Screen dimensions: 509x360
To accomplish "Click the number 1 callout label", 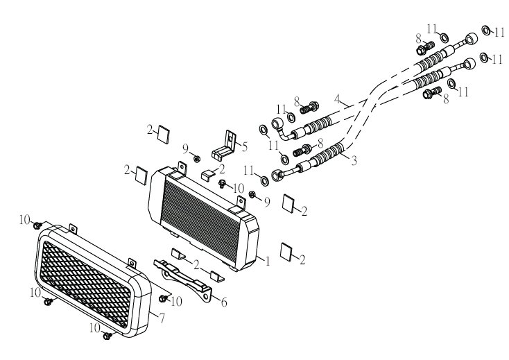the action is pos(268,261).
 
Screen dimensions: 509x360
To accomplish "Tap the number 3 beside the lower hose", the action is pos(354,160).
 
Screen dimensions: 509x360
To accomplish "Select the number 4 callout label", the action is pos(338,98).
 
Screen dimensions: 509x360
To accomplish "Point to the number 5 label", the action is pos(244,147).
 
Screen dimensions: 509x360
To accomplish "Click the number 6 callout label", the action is pos(224,302).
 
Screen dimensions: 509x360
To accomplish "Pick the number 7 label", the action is pos(162,318).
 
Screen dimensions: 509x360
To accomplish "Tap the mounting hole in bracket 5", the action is pos(230,139).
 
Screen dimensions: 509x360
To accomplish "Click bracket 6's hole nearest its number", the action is pos(205,298).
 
